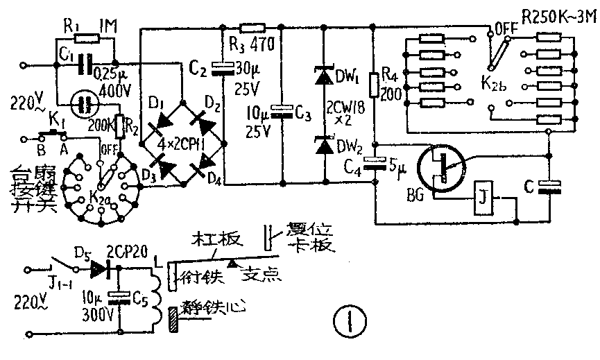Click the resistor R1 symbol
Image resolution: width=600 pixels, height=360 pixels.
click(x=87, y=38)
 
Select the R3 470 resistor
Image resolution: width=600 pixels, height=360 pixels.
click(x=252, y=28)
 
